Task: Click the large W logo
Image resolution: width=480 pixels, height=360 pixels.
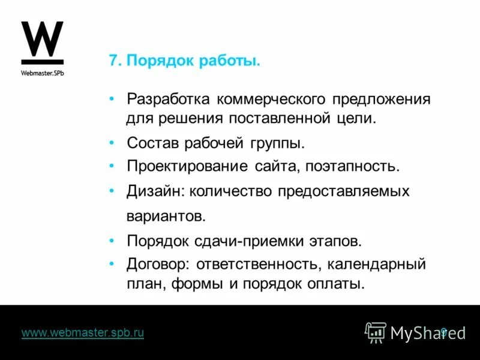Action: pyautogui.click(x=42, y=41)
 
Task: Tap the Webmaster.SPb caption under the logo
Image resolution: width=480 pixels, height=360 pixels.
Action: pyautogui.click(x=42, y=73)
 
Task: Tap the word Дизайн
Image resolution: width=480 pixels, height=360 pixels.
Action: pyautogui.click(x=155, y=191)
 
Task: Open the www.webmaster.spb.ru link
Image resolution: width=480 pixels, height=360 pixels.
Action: pyautogui.click(x=83, y=332)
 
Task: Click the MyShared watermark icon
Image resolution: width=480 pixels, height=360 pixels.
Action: pyautogui.click(x=376, y=332)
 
